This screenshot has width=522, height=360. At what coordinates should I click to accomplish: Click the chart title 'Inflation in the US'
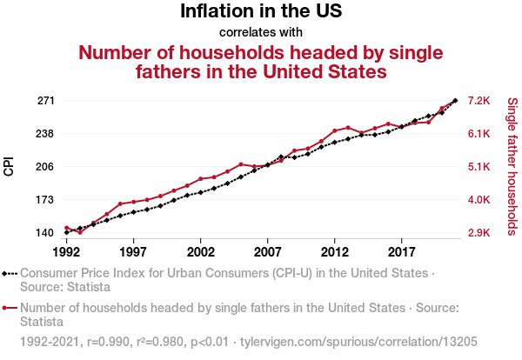click(x=261, y=11)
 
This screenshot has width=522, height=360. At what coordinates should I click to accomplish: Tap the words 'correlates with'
click(x=261, y=32)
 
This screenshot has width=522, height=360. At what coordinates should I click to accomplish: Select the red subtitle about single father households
click(x=261, y=62)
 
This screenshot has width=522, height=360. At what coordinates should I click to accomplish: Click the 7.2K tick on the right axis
click(x=481, y=101)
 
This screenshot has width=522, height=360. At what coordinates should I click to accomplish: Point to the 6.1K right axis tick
click(x=481, y=134)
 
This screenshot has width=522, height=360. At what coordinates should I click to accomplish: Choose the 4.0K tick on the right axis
click(x=481, y=200)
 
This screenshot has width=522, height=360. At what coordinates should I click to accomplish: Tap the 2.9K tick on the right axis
click(x=481, y=233)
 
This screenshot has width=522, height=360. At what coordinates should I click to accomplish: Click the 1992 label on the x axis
click(x=66, y=251)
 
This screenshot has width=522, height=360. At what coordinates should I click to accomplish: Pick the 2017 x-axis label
click(x=401, y=251)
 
